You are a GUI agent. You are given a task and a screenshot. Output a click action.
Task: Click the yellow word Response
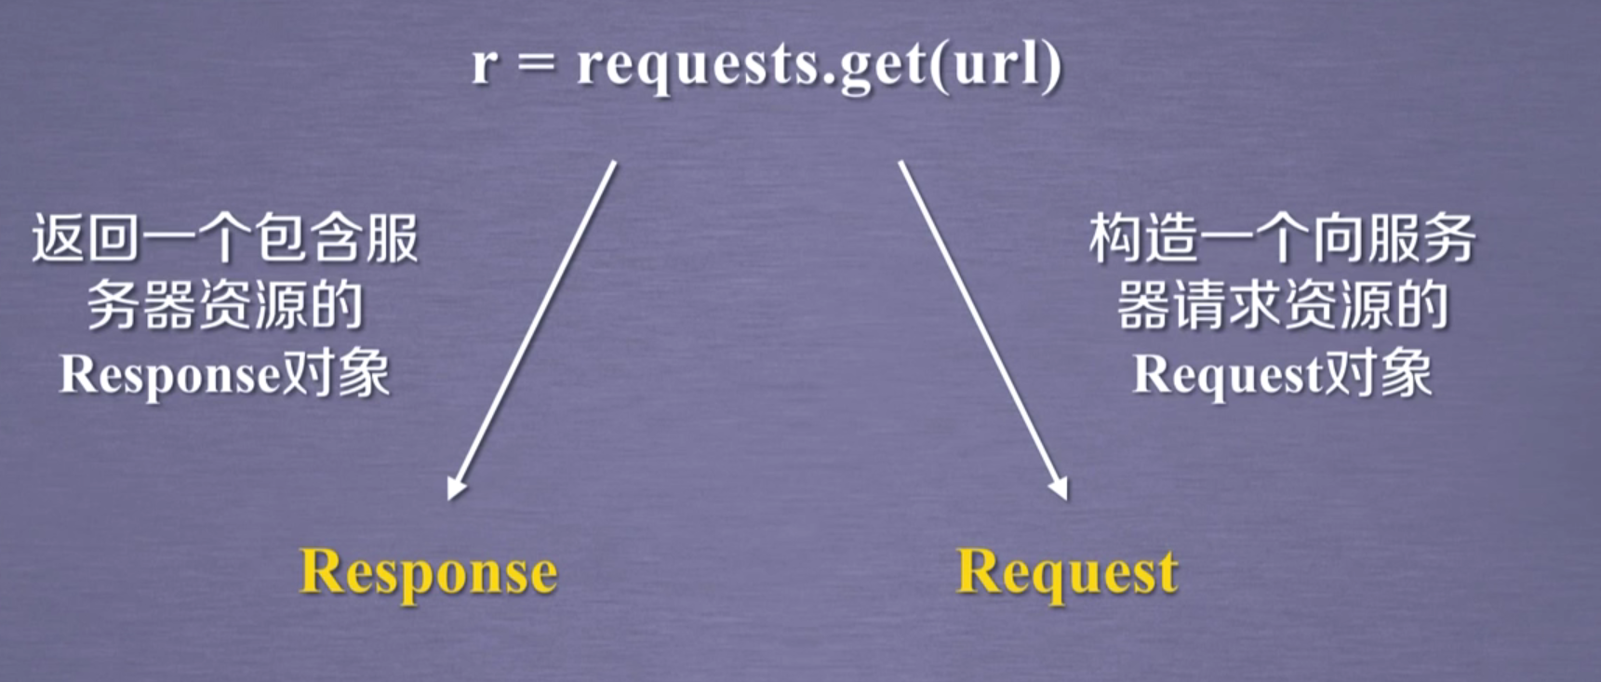click(x=428, y=571)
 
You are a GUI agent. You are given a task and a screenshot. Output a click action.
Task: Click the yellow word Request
click(x=1067, y=571)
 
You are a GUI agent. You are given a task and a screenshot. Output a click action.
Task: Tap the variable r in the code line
click(x=484, y=65)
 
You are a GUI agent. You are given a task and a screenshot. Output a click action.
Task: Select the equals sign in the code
click(x=537, y=65)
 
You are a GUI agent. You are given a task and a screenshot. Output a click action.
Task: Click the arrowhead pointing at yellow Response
click(x=455, y=488)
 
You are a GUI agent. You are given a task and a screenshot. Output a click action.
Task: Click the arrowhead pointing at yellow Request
click(x=1059, y=488)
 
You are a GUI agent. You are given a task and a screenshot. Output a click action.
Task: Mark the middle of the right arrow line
click(x=981, y=328)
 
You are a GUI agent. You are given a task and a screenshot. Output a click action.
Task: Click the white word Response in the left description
click(x=170, y=376)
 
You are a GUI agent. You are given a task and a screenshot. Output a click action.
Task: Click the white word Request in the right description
click(x=1227, y=376)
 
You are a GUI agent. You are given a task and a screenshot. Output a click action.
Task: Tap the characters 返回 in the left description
click(x=86, y=238)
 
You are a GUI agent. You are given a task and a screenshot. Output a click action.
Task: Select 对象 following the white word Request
click(x=1377, y=374)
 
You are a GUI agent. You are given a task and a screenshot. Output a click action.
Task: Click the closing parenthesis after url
click(x=1050, y=65)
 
